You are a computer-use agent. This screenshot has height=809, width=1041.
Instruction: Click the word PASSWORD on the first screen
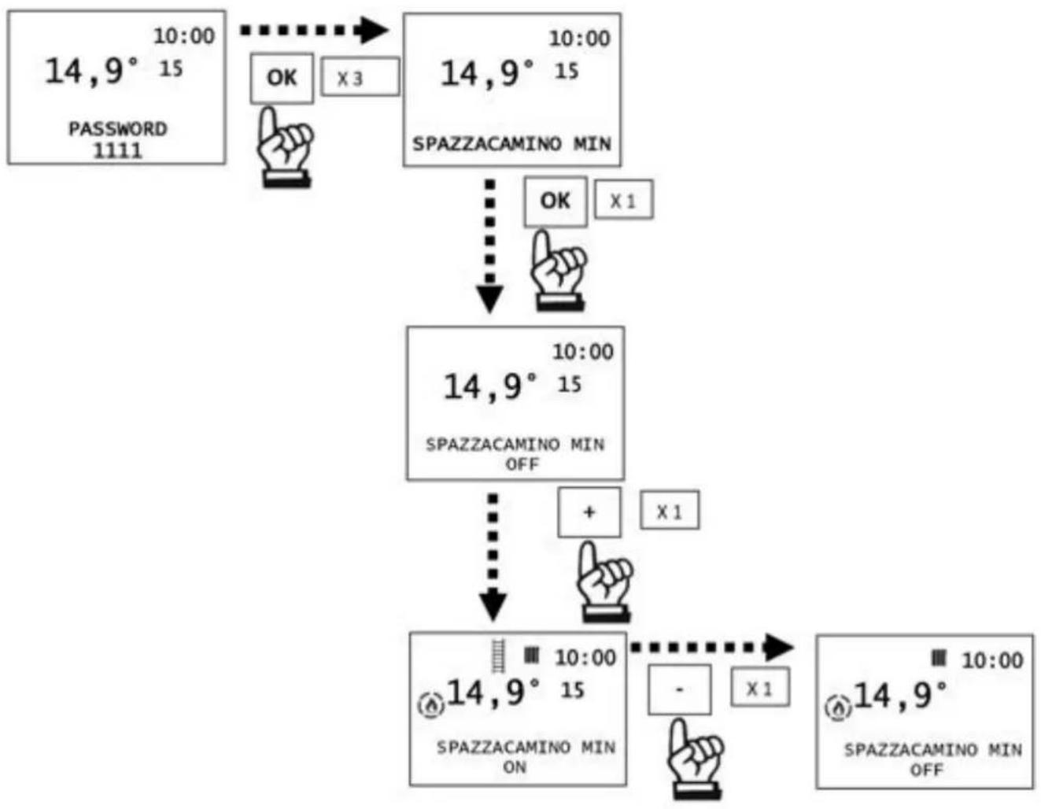coord(118,129)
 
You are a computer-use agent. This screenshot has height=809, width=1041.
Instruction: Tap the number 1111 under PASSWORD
coord(118,151)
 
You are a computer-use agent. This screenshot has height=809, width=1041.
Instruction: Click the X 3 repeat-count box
coord(360,76)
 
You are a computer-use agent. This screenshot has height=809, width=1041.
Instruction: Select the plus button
coord(589,512)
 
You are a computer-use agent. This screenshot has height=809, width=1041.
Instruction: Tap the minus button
coord(679,689)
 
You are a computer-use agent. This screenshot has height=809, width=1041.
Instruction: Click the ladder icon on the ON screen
coord(499,656)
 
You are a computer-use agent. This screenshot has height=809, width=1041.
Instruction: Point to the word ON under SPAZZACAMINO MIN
coord(515,767)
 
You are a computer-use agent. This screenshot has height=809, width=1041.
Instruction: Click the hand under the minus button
coord(696,759)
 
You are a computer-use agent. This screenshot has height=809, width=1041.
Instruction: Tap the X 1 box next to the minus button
coord(760,687)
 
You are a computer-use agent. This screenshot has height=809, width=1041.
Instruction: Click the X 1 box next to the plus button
coord(670,510)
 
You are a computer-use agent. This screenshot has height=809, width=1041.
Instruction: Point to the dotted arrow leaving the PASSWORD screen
coord(314,30)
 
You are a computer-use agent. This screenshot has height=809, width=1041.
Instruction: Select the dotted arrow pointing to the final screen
coord(712,648)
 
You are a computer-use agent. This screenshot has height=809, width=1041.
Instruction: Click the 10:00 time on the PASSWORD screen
coord(184,36)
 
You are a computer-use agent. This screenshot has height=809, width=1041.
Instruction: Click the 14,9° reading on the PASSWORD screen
coord(91,72)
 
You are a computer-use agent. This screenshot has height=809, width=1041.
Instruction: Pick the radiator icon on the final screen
coord(939,658)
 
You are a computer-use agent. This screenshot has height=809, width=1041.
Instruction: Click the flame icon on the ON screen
coord(430,705)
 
